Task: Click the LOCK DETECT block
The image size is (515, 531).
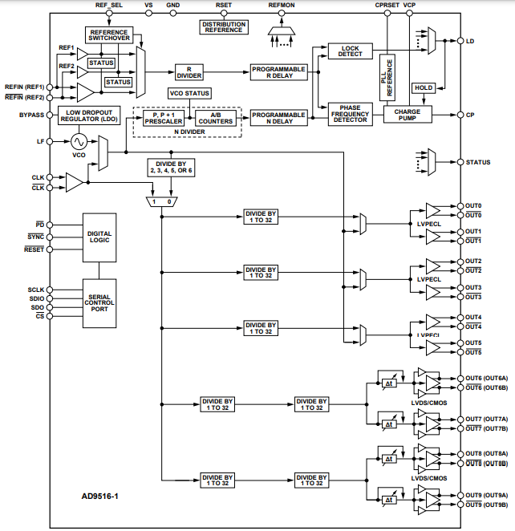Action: click(351, 51)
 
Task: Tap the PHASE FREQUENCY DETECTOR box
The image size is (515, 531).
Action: click(351, 115)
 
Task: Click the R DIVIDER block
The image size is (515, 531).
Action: click(189, 72)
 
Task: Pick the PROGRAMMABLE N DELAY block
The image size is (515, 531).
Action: click(278, 118)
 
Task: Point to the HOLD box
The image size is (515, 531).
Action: click(423, 87)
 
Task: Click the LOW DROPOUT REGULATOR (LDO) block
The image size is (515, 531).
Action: click(89, 115)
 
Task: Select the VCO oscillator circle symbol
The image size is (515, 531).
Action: click(79, 141)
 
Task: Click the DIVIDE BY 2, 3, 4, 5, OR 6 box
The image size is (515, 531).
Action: click(171, 168)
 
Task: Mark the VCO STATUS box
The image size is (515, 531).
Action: click(189, 94)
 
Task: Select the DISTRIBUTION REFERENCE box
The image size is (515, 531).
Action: click(224, 27)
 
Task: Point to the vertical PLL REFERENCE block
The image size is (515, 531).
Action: click(387, 77)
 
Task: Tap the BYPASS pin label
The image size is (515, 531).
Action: click(32, 115)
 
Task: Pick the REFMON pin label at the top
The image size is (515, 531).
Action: click(282, 6)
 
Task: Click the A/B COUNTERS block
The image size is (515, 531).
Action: click(216, 118)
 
